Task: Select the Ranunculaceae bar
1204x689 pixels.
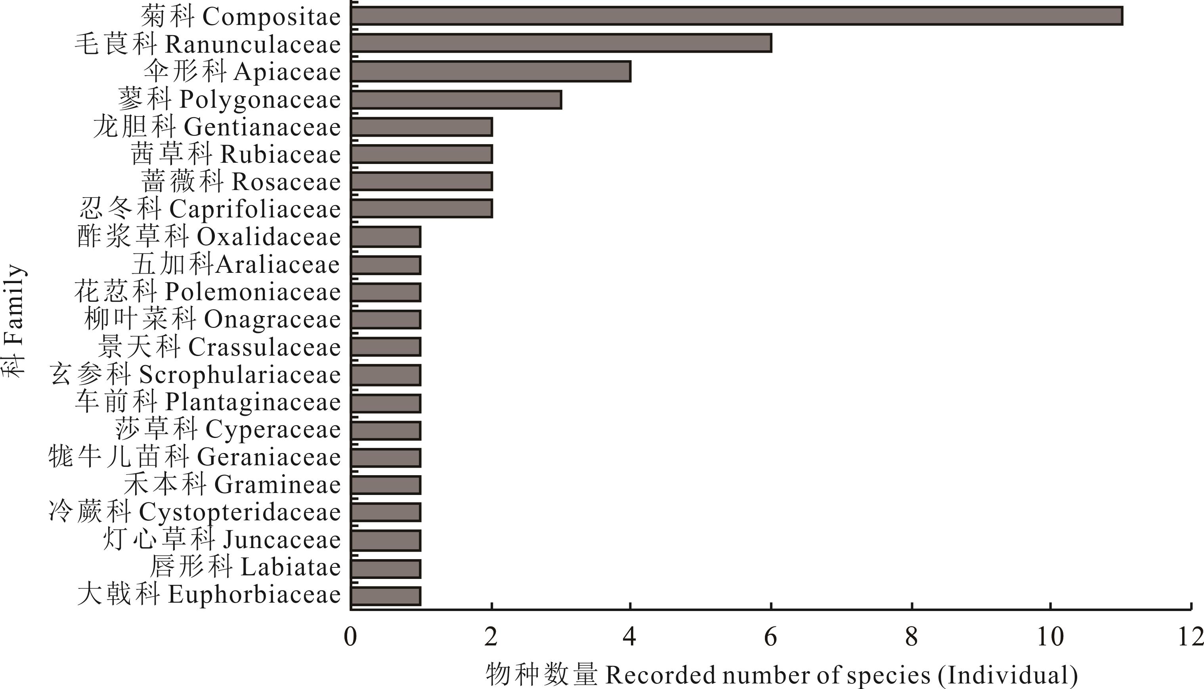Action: coord(561,43)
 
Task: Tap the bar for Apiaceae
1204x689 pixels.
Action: coord(491,71)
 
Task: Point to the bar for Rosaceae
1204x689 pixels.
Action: coord(421,181)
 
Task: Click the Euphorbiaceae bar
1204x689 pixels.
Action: coord(386,596)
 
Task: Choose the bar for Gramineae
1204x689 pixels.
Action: coord(386,485)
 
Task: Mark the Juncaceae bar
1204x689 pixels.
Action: coord(386,541)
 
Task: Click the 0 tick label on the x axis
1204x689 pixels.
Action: coord(350,637)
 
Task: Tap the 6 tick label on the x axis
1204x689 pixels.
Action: coord(771,637)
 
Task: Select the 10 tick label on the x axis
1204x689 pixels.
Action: coord(1050,637)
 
